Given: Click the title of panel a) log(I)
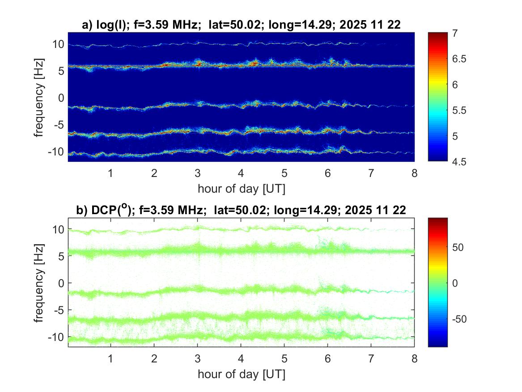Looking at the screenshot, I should [x=241, y=26].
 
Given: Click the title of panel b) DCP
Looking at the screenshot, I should [x=241, y=210].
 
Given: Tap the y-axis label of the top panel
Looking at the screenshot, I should [x=40, y=96].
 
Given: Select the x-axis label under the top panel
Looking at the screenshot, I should [x=241, y=189].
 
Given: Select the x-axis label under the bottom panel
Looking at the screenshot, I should [x=241, y=374].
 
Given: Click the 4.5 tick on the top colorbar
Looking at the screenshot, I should [x=460, y=161].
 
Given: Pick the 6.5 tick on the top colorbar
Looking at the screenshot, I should [x=460, y=59].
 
